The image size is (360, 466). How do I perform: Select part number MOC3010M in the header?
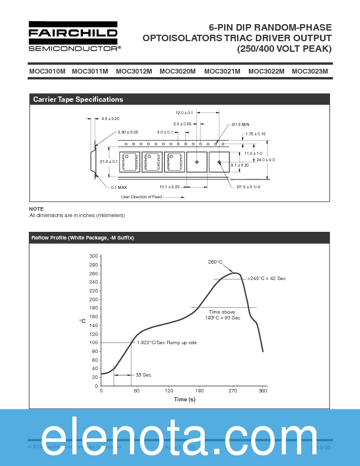click(47, 71)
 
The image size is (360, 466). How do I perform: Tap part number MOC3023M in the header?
click(309, 71)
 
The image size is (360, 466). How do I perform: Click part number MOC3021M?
click(222, 71)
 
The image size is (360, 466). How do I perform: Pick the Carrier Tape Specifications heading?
click(78, 99)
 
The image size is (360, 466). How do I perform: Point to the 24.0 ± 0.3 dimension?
click(265, 160)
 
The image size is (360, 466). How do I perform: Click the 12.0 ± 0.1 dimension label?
click(184, 112)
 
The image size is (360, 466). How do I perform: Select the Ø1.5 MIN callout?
click(240, 125)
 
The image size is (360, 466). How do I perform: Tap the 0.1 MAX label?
click(119, 187)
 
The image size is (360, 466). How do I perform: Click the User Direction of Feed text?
click(141, 197)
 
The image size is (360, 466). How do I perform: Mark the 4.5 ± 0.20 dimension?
click(110, 119)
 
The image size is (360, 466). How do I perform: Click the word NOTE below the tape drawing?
click(36, 209)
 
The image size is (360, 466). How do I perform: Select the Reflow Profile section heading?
click(82, 238)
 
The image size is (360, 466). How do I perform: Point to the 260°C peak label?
click(215, 262)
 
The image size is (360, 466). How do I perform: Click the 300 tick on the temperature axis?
click(93, 257)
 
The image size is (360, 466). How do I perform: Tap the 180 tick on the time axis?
click(199, 391)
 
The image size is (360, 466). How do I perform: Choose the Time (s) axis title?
click(184, 400)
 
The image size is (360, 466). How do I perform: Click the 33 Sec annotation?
click(143, 375)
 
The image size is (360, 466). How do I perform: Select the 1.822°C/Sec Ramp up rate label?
click(166, 342)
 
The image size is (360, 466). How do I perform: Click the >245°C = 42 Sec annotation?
click(266, 278)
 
